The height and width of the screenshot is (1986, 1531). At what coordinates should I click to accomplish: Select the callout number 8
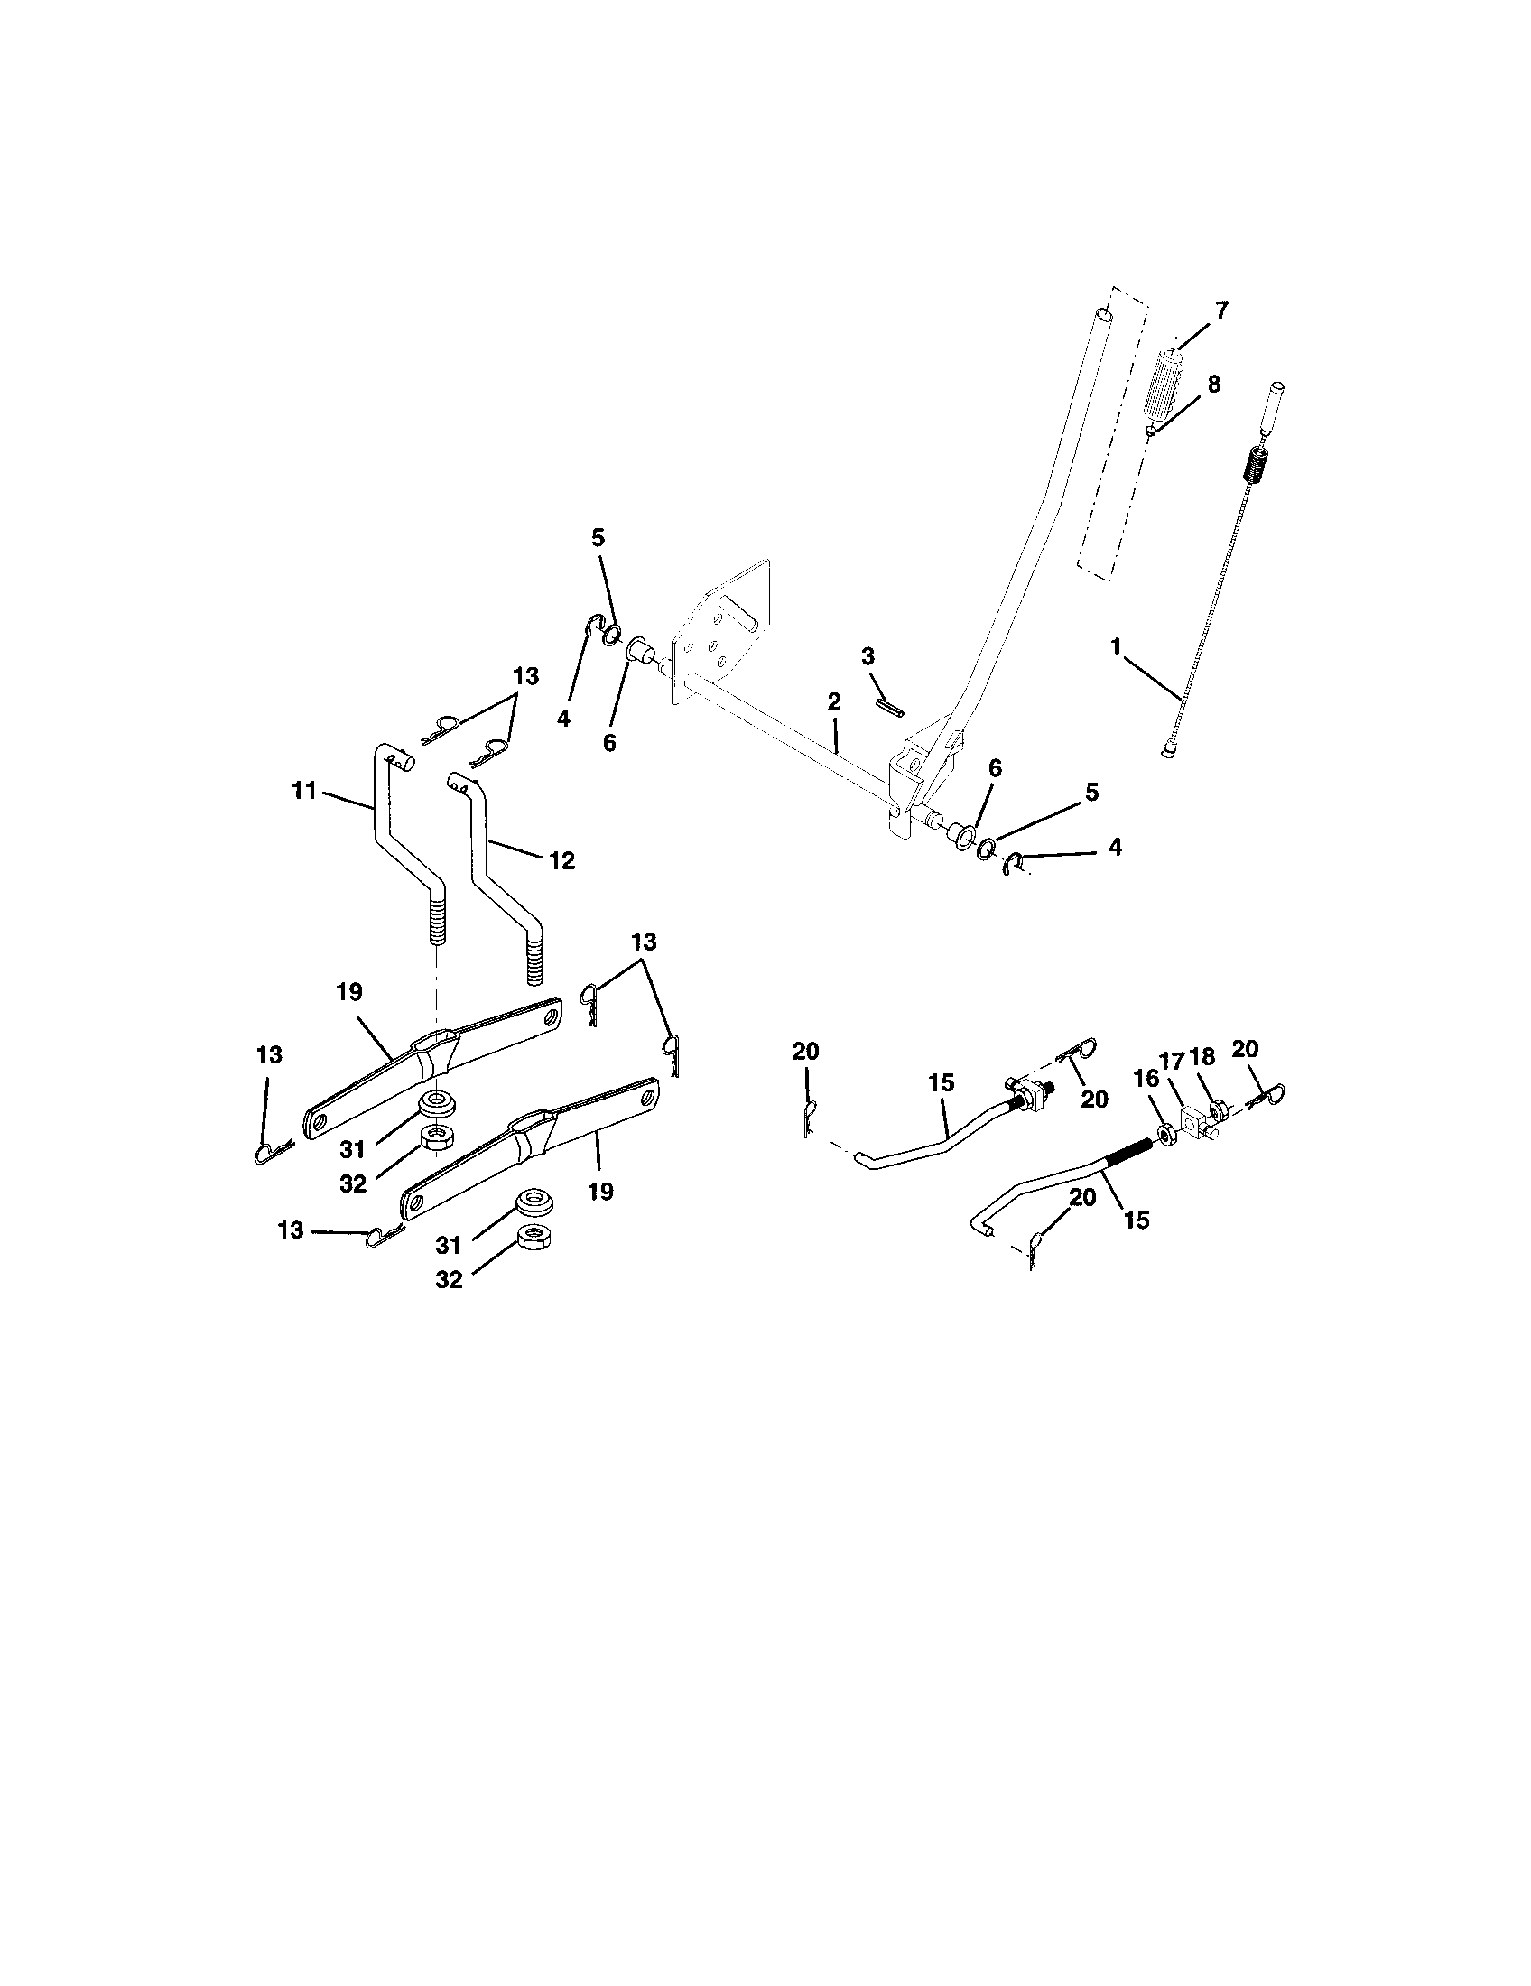coord(1214,384)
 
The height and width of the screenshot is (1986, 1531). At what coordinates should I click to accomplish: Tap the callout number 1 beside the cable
coord(1116,647)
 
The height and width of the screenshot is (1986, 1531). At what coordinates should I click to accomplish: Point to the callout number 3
coord(868,656)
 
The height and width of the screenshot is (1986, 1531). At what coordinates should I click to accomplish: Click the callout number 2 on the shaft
coord(834,702)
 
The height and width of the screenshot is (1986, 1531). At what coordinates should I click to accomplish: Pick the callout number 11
coord(303,791)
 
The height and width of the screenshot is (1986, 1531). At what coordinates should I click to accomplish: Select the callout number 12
coord(562,860)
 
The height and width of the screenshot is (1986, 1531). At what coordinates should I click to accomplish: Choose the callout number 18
coord(1202,1056)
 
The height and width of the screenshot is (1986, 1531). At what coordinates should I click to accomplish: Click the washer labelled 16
coord(1166,1133)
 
